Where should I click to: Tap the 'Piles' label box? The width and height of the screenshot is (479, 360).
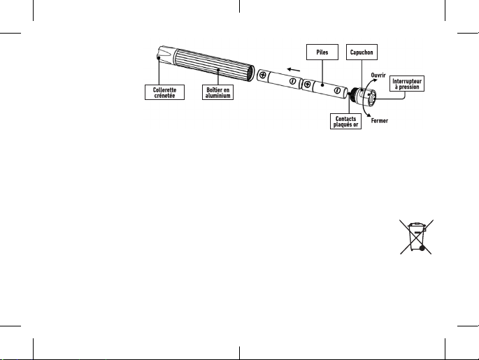click(322, 52)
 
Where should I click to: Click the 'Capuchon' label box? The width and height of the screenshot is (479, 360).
click(364, 52)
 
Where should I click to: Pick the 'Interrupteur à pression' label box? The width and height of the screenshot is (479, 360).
click(407, 84)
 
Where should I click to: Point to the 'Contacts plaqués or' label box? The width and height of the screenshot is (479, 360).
click(345, 122)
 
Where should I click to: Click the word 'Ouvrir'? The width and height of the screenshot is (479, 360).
click(378, 74)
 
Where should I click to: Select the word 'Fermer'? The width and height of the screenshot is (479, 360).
click(380, 121)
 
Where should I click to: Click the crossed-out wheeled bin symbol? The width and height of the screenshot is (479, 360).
click(417, 237)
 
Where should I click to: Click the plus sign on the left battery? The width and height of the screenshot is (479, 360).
click(262, 74)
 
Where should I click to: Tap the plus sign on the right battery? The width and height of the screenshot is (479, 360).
click(308, 84)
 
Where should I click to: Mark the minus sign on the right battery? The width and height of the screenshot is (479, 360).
click(337, 91)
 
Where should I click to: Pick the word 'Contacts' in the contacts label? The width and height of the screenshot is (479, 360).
click(345, 119)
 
